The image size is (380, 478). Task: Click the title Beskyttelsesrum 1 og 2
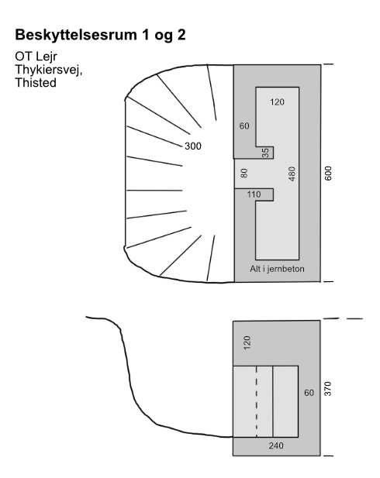[x=100, y=35]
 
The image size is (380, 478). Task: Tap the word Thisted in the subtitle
[x=36, y=83]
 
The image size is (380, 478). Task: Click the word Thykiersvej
[x=49, y=70]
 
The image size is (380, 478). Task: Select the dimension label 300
[x=193, y=146]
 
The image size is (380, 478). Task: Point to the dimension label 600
[x=328, y=174]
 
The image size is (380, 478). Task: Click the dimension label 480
[x=292, y=174]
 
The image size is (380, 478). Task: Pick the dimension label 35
[x=265, y=153]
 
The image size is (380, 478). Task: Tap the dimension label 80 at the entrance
[x=244, y=174]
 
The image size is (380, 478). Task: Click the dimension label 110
[x=254, y=194]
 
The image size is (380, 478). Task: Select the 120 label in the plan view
[x=277, y=101]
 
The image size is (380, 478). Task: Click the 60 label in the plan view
[x=244, y=126]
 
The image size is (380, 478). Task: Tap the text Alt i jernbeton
[x=277, y=269]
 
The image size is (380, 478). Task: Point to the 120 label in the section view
[x=247, y=342]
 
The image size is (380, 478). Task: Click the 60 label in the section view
[x=309, y=393]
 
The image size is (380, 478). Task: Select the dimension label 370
[x=328, y=389]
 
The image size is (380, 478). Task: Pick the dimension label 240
[x=276, y=445]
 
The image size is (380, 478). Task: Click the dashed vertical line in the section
[x=257, y=401]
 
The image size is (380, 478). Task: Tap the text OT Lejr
[x=36, y=57]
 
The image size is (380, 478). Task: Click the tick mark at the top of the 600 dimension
[x=328, y=64]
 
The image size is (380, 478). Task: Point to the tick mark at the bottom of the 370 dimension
[x=328, y=456]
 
